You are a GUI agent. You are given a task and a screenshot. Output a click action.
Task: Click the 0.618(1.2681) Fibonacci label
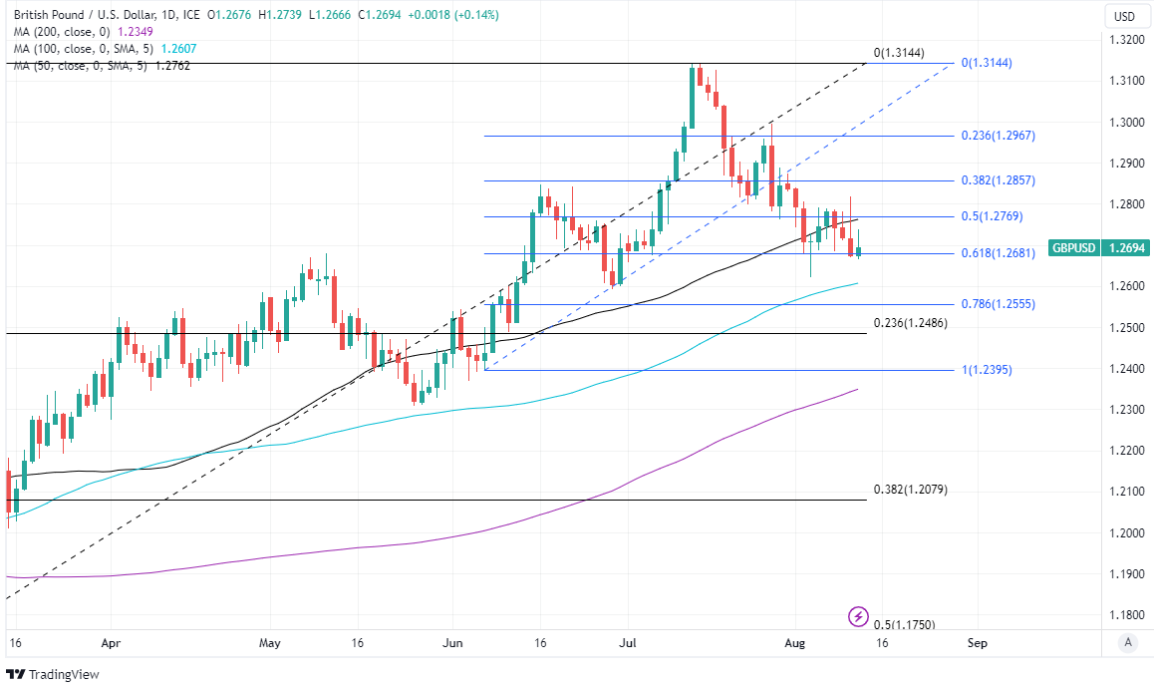(998, 253)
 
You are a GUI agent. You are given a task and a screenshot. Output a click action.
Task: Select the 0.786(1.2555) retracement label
(998, 304)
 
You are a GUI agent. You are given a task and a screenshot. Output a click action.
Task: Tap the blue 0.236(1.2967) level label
(998, 136)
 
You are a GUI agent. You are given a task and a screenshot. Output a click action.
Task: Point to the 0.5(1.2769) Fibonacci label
(993, 216)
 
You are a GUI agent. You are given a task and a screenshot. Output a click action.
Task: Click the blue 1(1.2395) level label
(987, 370)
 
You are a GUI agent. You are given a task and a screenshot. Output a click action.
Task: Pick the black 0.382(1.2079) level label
(910, 490)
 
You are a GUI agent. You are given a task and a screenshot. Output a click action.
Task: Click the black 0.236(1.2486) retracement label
(910, 323)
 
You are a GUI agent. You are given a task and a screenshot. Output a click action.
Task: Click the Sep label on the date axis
(978, 644)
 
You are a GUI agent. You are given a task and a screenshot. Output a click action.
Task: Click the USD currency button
(1124, 16)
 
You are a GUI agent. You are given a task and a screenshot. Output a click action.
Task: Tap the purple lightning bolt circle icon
(858, 616)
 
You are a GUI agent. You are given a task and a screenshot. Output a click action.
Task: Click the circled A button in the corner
(1127, 643)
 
